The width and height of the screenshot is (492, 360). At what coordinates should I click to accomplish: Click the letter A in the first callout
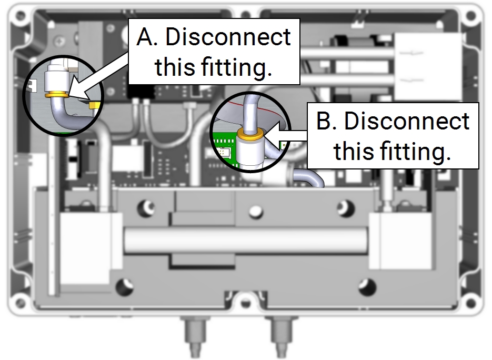click(x=147, y=37)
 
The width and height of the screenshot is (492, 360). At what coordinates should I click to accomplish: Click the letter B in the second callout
click(x=326, y=121)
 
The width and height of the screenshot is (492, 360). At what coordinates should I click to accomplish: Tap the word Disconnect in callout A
click(x=228, y=37)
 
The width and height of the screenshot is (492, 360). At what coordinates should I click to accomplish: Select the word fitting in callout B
click(x=415, y=151)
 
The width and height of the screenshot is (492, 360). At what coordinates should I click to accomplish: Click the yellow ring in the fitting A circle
click(x=56, y=94)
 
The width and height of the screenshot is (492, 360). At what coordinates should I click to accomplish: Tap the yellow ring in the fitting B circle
click(x=250, y=134)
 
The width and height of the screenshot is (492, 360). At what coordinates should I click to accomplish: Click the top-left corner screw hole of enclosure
click(x=21, y=15)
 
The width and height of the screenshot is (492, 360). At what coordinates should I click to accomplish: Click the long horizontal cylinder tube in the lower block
click(x=246, y=240)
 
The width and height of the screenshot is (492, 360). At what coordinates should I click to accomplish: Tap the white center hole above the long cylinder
click(x=255, y=211)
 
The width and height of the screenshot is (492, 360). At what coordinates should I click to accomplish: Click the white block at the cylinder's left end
click(x=89, y=248)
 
